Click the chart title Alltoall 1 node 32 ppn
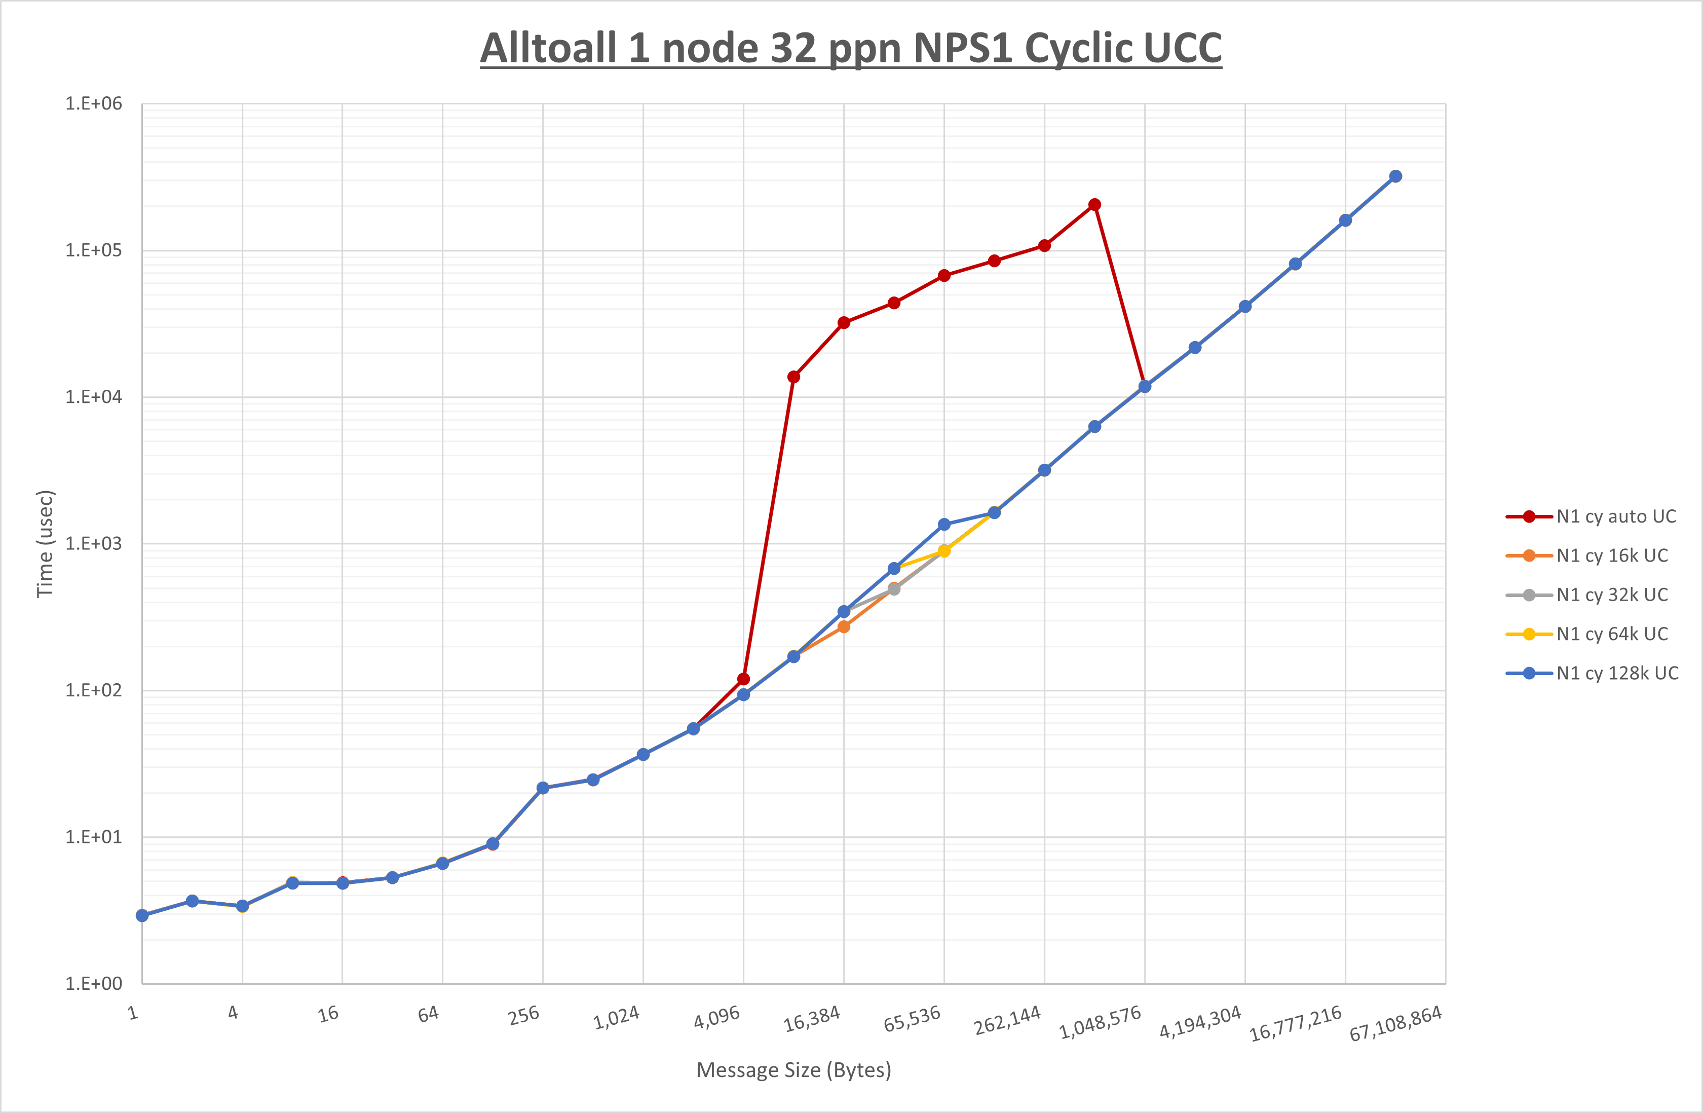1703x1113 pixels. pos(850,49)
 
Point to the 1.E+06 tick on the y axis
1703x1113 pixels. pos(94,104)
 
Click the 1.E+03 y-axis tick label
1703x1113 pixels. pos(94,544)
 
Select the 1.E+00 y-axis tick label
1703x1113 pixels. pos(94,983)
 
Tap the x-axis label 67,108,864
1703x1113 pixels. pos(1395,1023)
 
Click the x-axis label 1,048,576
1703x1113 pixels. pos(1100,1023)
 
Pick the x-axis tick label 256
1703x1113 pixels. pos(524,1016)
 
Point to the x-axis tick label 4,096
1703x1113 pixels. pos(717,1017)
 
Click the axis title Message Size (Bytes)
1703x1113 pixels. pos(793,1070)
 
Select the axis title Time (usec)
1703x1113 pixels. pos(45,544)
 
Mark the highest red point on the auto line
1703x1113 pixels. pos(1094,205)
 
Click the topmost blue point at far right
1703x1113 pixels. pos(1395,176)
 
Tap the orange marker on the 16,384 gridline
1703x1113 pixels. pos(844,627)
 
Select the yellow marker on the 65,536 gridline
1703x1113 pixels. pos(944,551)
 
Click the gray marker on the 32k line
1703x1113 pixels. pos(894,589)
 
